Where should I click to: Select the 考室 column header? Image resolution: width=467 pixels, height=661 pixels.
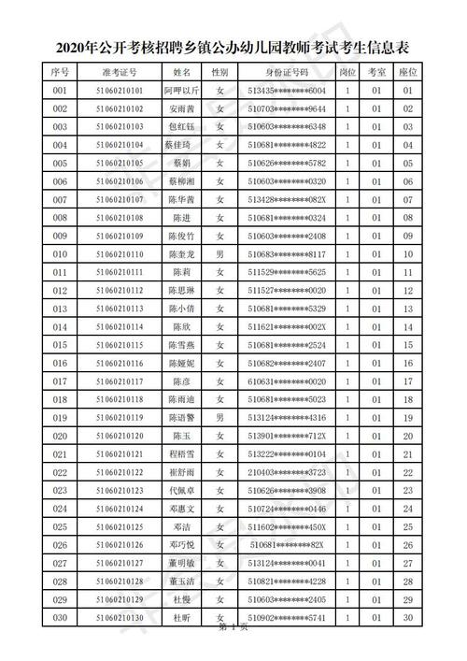375,71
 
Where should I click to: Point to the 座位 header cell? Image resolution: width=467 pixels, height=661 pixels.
407,71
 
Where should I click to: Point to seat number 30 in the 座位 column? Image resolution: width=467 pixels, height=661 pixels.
407,618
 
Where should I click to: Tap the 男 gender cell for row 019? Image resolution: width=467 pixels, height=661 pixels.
219,418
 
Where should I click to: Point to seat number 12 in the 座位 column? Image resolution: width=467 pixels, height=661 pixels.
407,291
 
